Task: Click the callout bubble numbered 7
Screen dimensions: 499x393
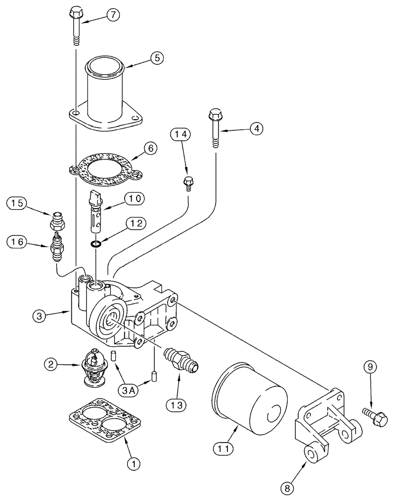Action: [113, 15]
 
